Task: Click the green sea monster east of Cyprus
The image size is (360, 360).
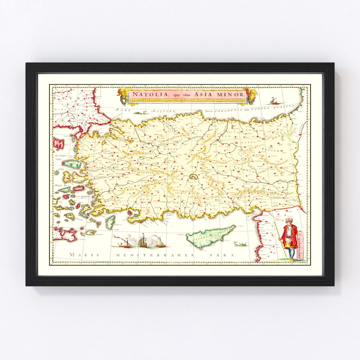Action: [x=241, y=245]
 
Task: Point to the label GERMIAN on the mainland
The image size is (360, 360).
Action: [x=145, y=173]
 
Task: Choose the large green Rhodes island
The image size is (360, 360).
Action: [x=110, y=222]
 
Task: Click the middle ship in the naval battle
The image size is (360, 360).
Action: [x=143, y=241]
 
